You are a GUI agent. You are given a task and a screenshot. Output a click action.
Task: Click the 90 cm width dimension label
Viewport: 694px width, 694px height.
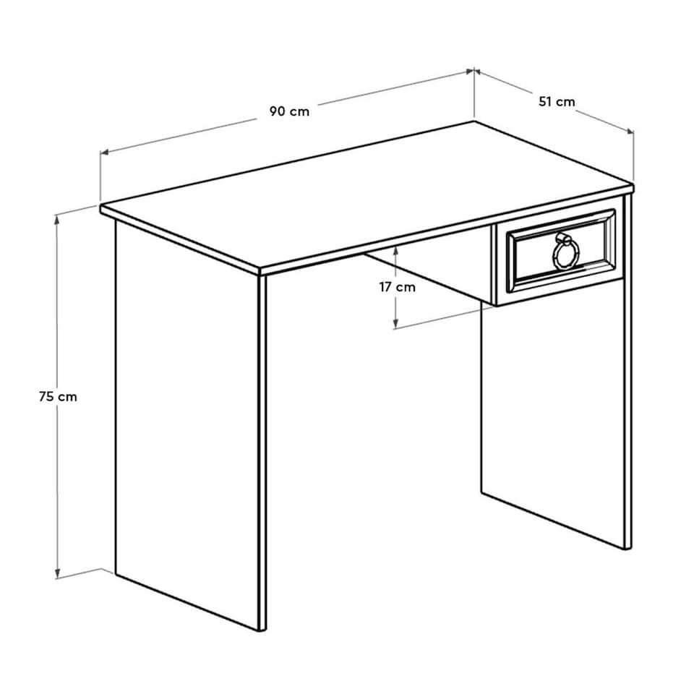tap(289, 111)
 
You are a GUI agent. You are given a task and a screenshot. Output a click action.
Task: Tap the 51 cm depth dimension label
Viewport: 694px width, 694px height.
tap(557, 102)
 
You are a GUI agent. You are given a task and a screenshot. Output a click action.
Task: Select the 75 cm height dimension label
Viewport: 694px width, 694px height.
tap(58, 396)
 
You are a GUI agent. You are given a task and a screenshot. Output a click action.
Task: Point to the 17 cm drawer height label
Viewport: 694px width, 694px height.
tap(398, 287)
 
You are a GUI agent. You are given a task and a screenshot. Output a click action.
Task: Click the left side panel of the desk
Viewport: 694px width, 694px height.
tap(188, 419)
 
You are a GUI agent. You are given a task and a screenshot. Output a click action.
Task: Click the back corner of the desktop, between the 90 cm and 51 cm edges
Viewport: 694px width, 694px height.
tap(474, 121)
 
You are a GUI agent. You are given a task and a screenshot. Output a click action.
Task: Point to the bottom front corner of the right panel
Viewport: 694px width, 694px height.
tap(626, 548)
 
